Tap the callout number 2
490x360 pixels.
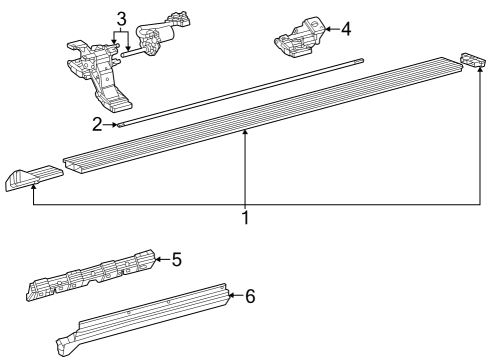(x=98, y=125)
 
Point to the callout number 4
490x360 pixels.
(x=345, y=29)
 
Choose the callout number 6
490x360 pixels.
(x=250, y=296)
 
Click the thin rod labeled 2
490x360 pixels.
(x=240, y=96)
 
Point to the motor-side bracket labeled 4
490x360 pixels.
(x=299, y=38)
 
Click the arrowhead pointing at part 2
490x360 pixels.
(x=115, y=126)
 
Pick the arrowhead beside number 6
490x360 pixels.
(x=231, y=296)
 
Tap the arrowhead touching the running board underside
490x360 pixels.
(x=245, y=133)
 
